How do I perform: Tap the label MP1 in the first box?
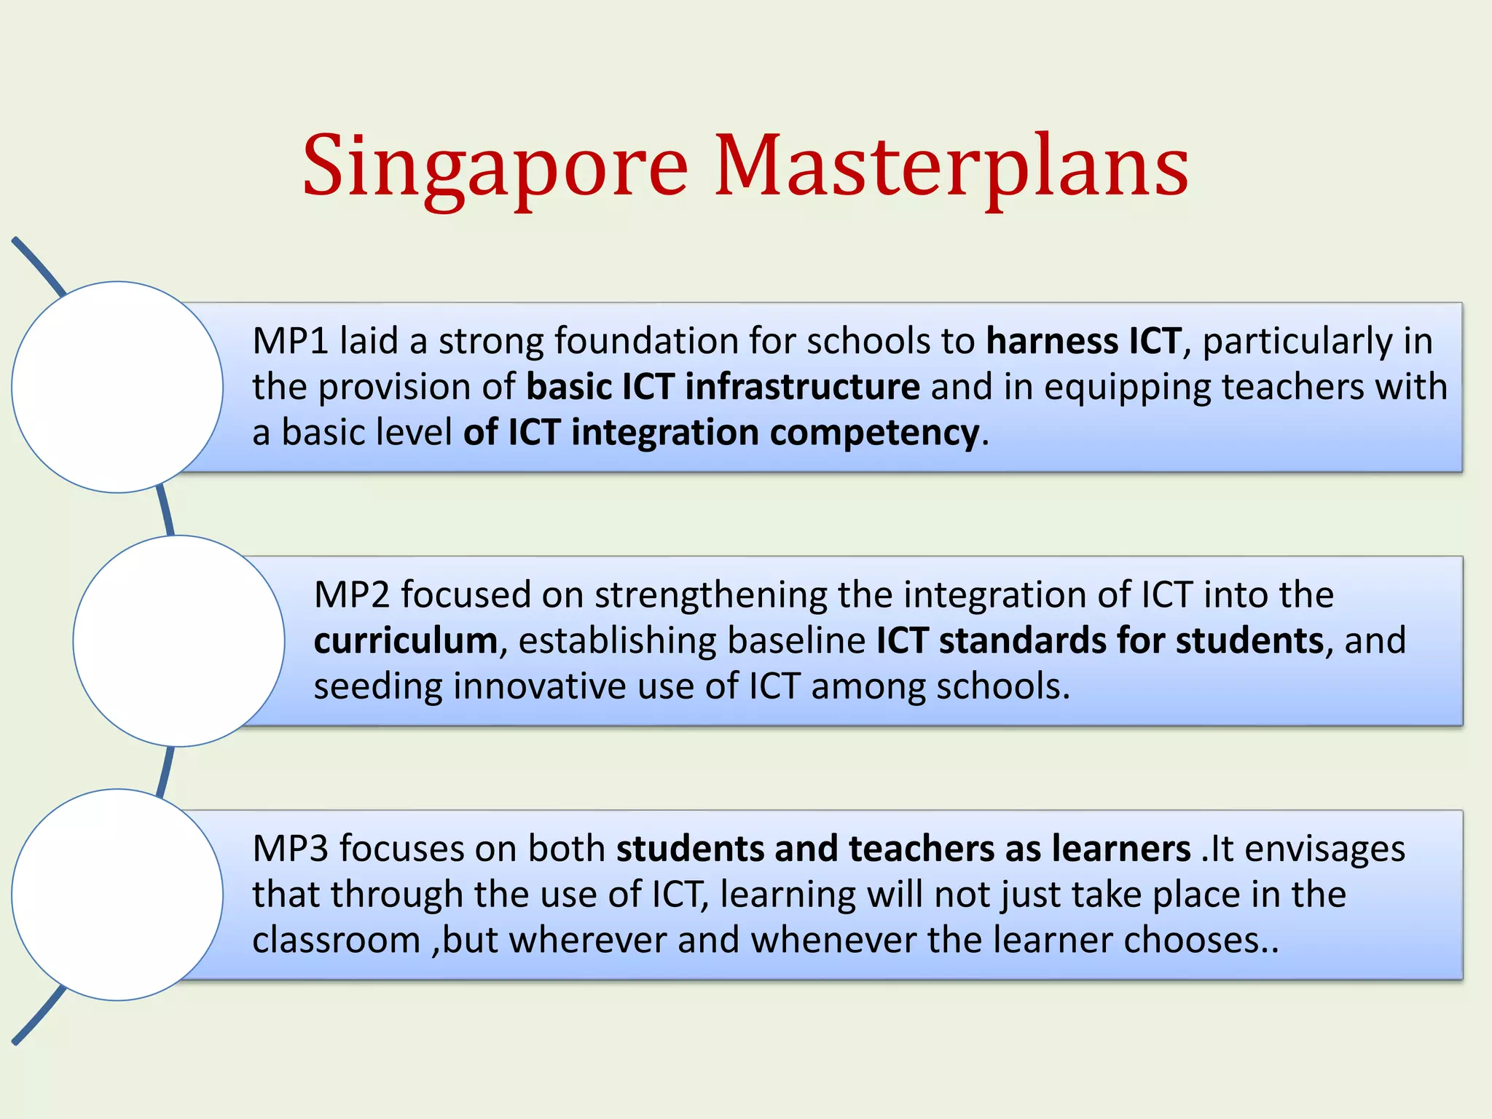pyautogui.click(x=290, y=341)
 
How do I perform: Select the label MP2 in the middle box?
pyautogui.click(x=352, y=594)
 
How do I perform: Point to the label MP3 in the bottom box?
pyautogui.click(x=290, y=849)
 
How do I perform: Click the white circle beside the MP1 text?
pyautogui.click(x=117, y=387)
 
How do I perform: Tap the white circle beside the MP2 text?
pyautogui.click(x=178, y=641)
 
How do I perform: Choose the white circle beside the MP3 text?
pyautogui.click(x=117, y=895)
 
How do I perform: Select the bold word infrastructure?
pyautogui.click(x=802, y=387)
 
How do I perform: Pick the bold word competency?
pyautogui.click(x=874, y=433)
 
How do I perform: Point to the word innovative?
pyautogui.click(x=540, y=686)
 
